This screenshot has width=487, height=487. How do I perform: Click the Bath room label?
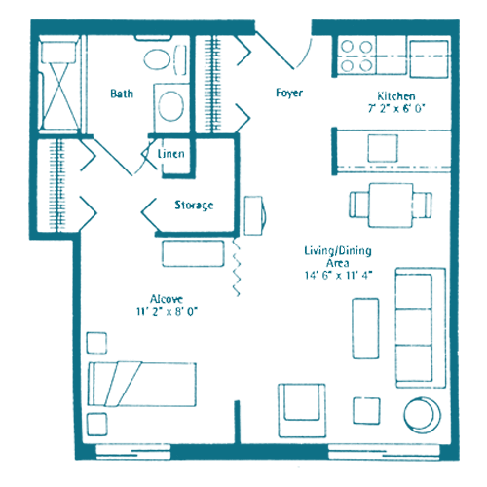click(x=122, y=94)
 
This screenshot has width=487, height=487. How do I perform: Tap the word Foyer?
click(x=289, y=93)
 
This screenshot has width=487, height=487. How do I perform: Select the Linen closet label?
click(x=171, y=154)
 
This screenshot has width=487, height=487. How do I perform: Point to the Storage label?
click(x=194, y=206)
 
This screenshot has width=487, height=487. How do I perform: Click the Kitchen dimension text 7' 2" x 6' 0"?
click(x=396, y=108)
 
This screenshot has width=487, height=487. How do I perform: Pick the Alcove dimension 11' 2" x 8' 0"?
click(x=167, y=312)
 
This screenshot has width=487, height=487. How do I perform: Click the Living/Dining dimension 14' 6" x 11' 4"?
click(x=338, y=276)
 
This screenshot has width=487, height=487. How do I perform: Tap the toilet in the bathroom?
click(x=166, y=60)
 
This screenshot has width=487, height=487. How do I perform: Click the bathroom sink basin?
click(x=170, y=106)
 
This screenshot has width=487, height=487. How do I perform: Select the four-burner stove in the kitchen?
click(x=356, y=56)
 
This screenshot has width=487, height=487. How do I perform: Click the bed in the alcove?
click(x=142, y=385)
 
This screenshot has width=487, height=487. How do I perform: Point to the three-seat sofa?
click(x=421, y=327)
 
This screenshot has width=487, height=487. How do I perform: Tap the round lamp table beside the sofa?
click(x=423, y=415)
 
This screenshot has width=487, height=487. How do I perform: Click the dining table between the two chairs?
click(x=391, y=206)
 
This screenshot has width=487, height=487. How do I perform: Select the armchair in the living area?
click(x=302, y=410)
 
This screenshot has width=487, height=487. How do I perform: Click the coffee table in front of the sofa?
click(x=365, y=328)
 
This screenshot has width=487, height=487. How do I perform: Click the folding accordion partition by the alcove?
click(x=237, y=267)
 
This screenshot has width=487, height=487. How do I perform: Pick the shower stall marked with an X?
click(x=60, y=85)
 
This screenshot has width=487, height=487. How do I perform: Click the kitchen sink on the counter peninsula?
click(x=383, y=148)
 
